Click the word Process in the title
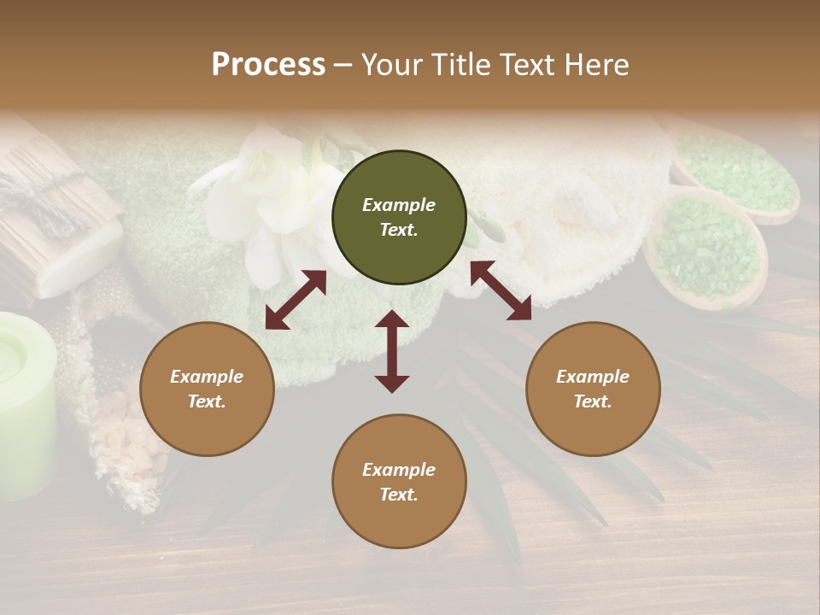268,65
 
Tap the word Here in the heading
594,65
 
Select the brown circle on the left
207,389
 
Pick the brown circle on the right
593,389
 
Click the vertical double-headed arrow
392,351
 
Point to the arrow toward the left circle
296,300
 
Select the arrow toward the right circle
501,290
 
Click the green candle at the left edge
26,401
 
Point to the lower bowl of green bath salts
706,248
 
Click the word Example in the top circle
399,205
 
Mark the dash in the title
343,65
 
